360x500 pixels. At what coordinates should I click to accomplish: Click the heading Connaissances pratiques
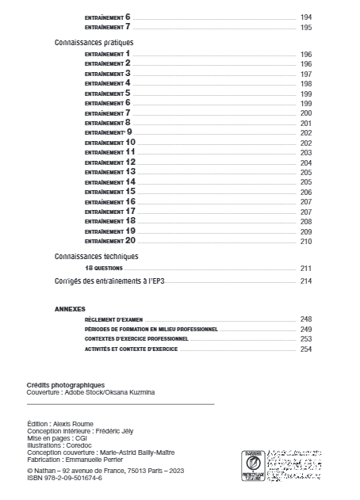93,41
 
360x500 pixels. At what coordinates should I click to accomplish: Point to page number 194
306,17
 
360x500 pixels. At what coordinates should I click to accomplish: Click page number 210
306,241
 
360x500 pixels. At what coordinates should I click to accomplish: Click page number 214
306,281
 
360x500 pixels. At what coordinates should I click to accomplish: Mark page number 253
306,338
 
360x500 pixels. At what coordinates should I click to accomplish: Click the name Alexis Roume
75,425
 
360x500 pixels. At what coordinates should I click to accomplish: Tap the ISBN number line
64,478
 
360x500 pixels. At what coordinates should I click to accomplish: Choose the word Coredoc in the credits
75,446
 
